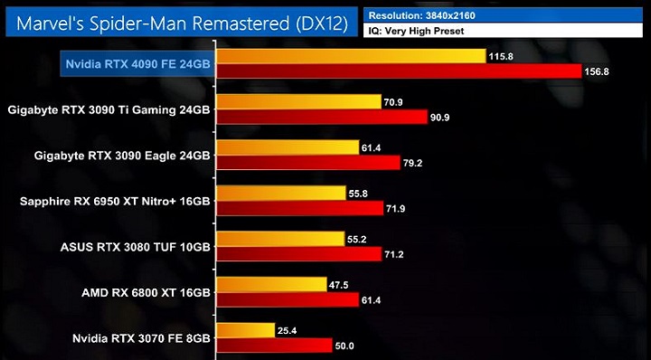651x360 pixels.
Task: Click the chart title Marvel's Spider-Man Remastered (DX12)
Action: click(x=180, y=22)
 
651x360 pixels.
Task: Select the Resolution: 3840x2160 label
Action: click(x=422, y=14)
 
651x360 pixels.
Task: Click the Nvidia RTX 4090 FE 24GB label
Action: click(x=137, y=63)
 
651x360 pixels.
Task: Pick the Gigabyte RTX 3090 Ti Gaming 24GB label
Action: click(x=108, y=109)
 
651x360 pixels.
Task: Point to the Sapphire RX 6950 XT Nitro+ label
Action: click(x=115, y=201)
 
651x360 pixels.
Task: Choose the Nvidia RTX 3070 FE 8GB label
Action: click(x=140, y=338)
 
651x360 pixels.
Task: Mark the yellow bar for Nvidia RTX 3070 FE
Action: click(x=245, y=330)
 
